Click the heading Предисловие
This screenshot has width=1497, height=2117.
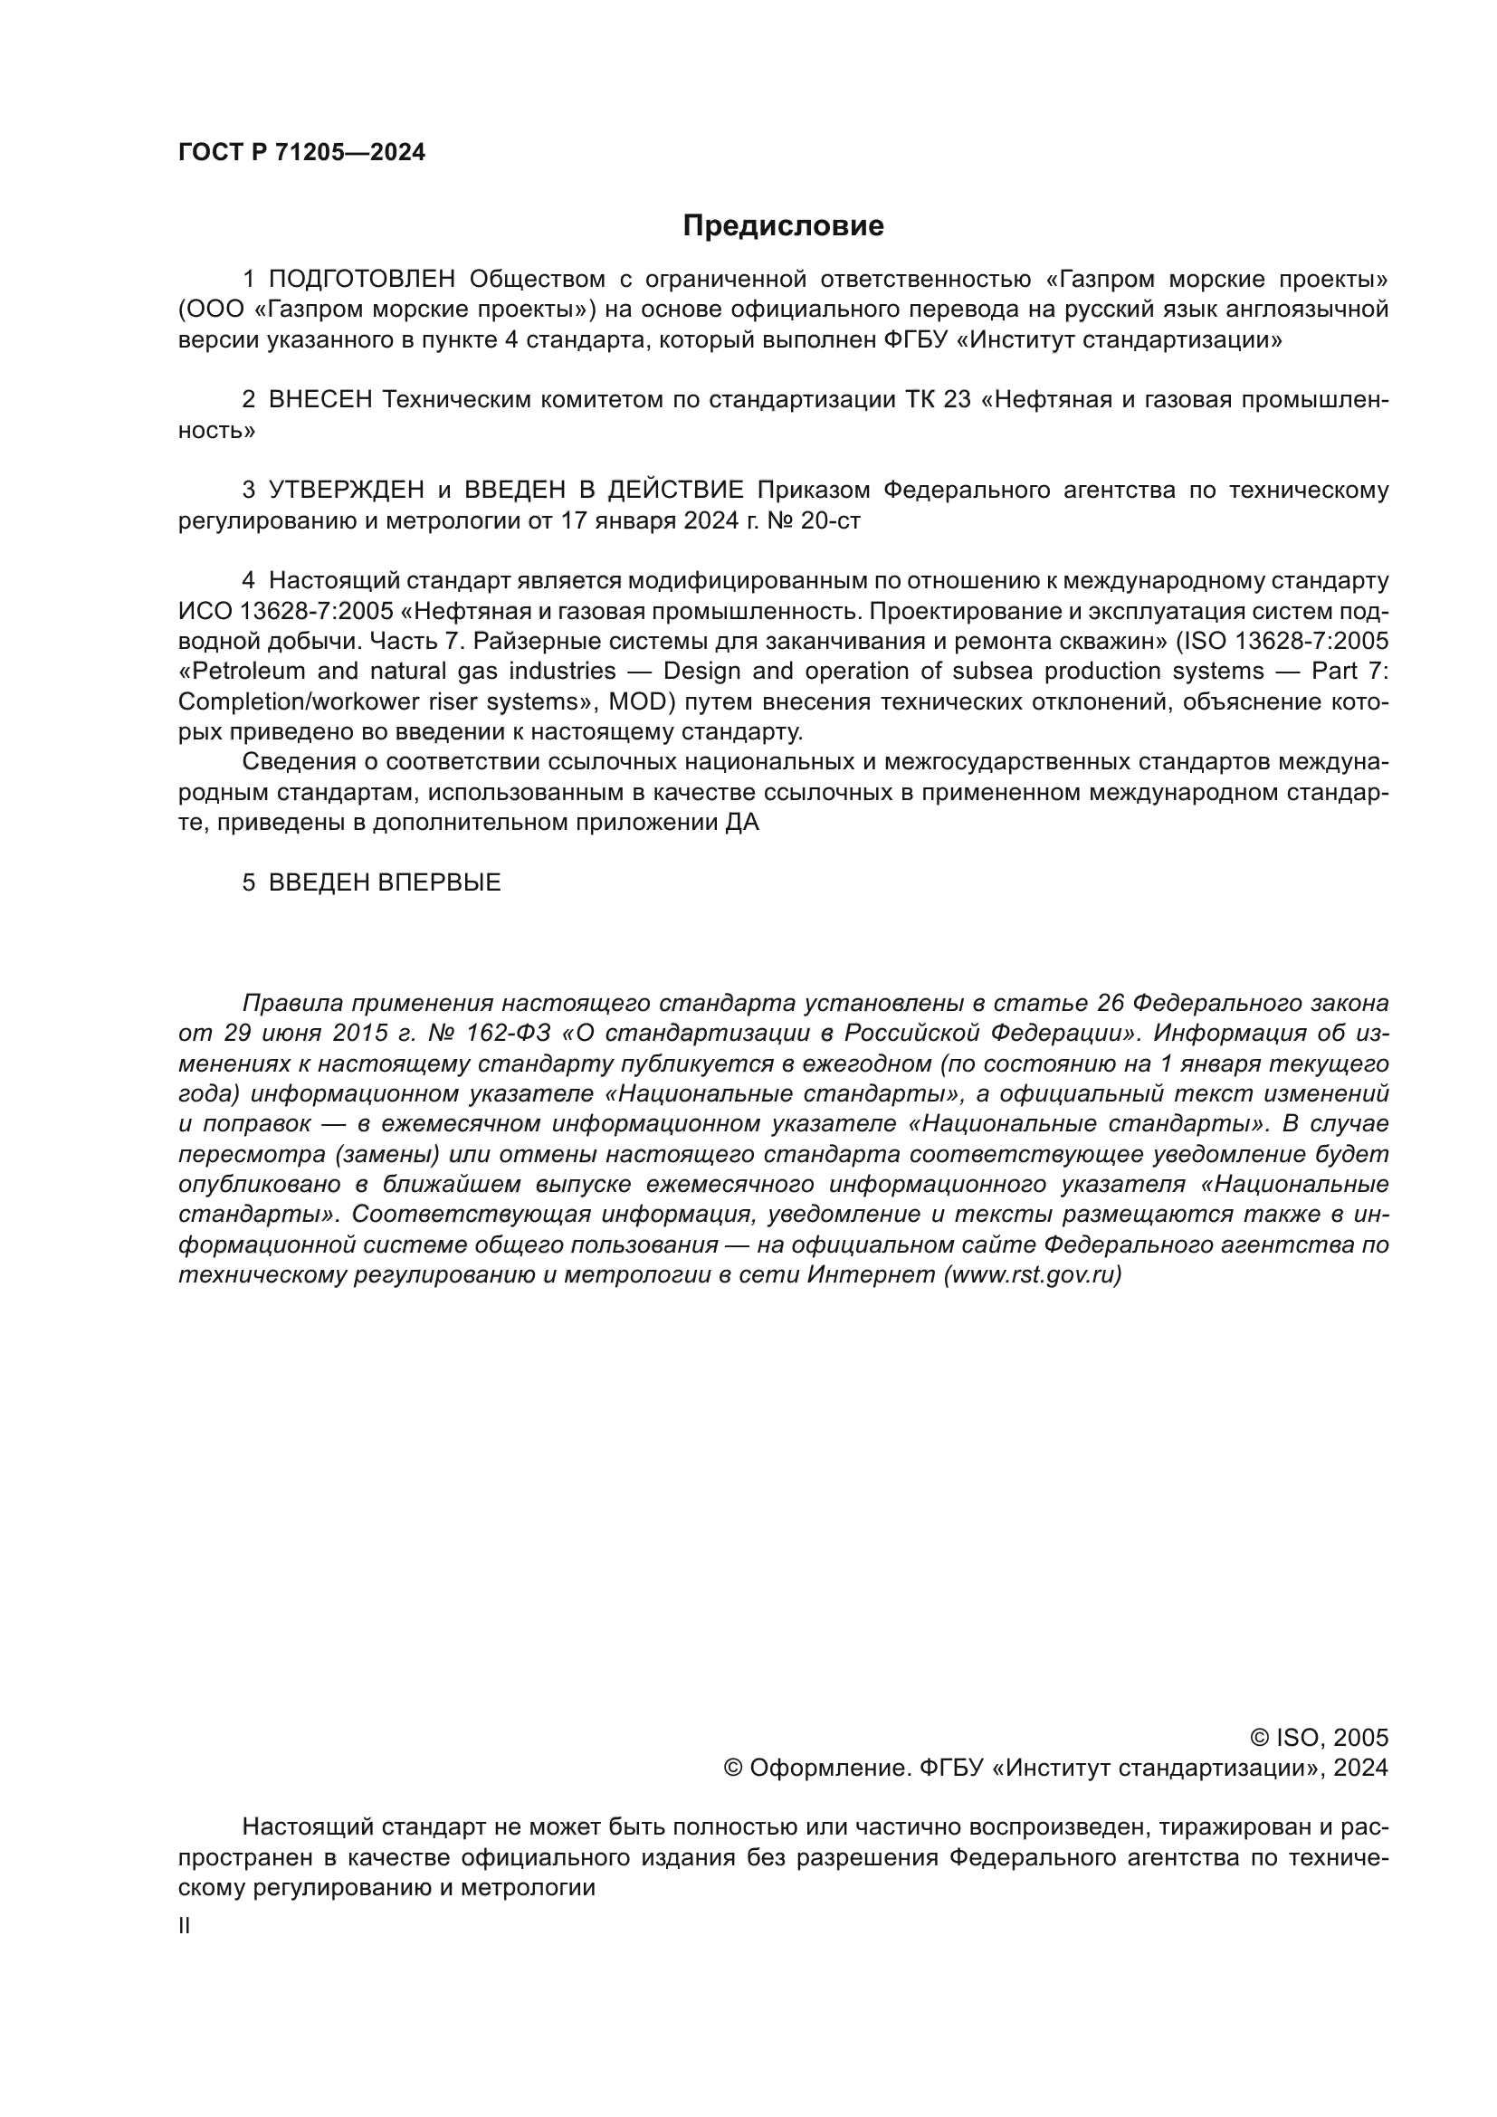click(x=783, y=226)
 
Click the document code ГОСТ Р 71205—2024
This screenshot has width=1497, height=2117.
click(x=301, y=153)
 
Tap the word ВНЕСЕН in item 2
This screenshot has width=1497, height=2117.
click(x=319, y=400)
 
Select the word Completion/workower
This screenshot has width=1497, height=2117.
click(x=296, y=701)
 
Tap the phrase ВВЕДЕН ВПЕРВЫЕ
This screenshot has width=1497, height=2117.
click(x=385, y=882)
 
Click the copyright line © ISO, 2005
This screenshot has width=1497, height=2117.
click(x=1318, y=1738)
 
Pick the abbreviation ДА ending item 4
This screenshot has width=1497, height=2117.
click(x=742, y=823)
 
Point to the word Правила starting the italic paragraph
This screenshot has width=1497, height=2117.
click(x=291, y=1003)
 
